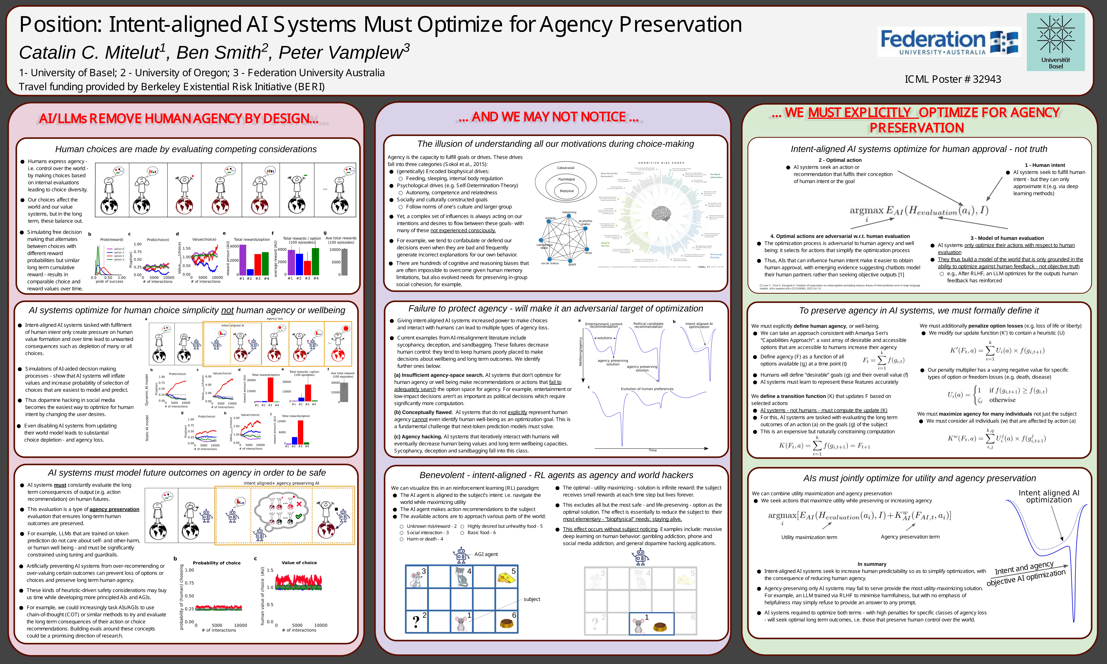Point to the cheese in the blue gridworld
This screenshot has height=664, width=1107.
point(507,577)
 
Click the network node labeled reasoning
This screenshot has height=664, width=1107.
point(569,216)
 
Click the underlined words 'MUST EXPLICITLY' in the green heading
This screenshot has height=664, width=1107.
point(859,113)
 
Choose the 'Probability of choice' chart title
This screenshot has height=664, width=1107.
point(217,563)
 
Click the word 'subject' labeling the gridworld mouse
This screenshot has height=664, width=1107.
point(532,599)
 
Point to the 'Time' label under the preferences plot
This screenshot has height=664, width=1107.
point(652,450)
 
